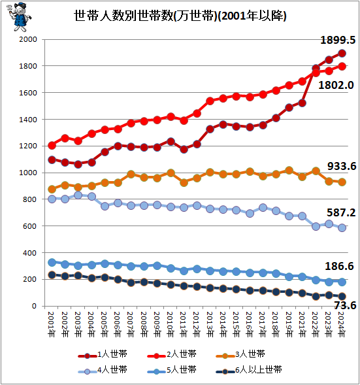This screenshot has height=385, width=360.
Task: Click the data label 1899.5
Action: pyautogui.click(x=337, y=41)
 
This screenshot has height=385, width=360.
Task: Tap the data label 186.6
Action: pyautogui.click(x=338, y=267)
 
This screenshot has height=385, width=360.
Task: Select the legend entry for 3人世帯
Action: pyautogui.click(x=248, y=354)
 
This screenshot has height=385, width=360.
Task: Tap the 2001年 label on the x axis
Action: pyautogui.click(x=52, y=325)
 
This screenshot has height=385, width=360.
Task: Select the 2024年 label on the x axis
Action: pyautogui.click(x=342, y=325)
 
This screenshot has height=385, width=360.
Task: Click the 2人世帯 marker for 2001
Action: pyautogui.click(x=52, y=145)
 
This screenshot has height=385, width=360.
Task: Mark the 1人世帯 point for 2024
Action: pyautogui.click(x=342, y=54)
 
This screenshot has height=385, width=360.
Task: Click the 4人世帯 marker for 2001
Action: pyautogui.click(x=52, y=199)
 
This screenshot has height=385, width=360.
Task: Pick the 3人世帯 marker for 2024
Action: pyautogui.click(x=342, y=182)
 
